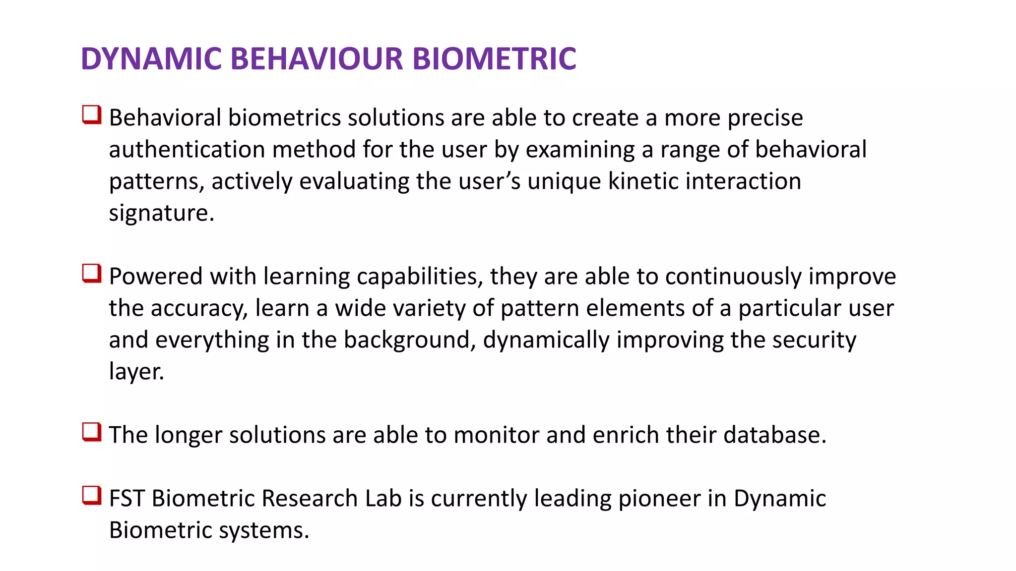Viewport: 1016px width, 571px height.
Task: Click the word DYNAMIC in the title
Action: [151, 58]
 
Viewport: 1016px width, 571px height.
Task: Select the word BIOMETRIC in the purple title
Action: [494, 58]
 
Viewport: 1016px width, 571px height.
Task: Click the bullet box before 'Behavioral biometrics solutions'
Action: [92, 115]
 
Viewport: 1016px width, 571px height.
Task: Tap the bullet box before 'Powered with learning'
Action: [92, 274]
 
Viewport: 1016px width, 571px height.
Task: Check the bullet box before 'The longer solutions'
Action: [92, 432]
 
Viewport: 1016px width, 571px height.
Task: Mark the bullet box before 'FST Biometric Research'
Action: [92, 496]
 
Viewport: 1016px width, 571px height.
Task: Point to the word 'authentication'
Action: [187, 150]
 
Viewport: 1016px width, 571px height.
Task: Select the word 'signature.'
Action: [162, 213]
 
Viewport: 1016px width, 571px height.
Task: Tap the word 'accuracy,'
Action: [199, 308]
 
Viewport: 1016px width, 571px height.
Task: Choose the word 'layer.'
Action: [136, 372]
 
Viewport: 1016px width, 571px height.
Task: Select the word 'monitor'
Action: [496, 435]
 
